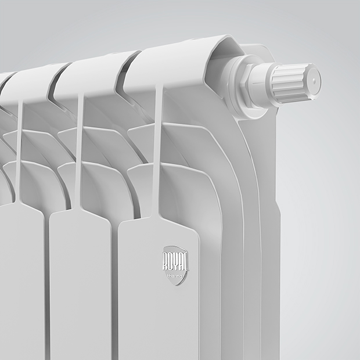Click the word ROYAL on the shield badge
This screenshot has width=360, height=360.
pyautogui.click(x=175, y=261)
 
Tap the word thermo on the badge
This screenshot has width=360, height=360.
pyautogui.click(x=175, y=275)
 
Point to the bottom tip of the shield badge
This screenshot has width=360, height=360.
pyautogui.click(x=176, y=285)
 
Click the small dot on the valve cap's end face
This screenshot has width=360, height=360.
pyautogui.click(x=314, y=81)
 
